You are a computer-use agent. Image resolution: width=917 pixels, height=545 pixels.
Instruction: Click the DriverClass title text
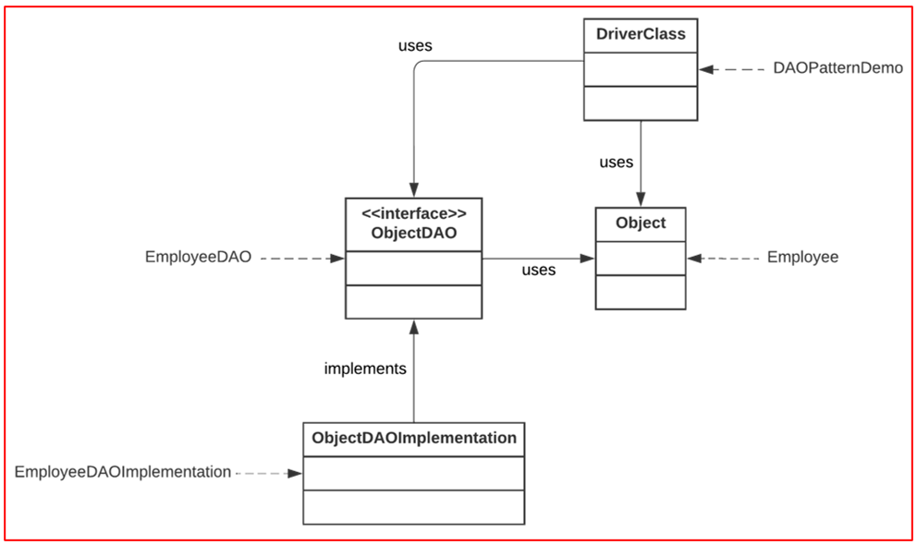(x=640, y=36)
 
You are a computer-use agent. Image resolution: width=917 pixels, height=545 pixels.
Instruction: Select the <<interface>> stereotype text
(x=413, y=213)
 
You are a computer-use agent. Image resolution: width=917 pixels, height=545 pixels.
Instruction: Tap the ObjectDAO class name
(x=413, y=234)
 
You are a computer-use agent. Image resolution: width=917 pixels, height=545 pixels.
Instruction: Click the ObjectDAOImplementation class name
(x=414, y=438)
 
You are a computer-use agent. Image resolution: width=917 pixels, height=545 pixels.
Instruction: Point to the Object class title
(x=640, y=223)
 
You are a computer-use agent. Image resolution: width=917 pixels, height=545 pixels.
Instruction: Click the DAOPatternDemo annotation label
(x=838, y=68)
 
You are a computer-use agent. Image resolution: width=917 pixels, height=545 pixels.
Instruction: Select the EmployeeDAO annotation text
(x=198, y=258)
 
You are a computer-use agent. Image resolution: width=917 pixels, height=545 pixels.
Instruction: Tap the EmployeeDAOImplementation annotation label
(x=123, y=472)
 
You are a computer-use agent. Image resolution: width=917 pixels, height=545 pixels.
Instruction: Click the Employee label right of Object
(x=802, y=258)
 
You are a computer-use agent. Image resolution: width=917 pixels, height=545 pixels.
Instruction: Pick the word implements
(x=365, y=369)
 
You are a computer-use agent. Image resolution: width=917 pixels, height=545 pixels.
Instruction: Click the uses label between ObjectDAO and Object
(x=539, y=270)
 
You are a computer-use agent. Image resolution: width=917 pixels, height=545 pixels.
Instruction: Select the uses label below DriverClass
(x=617, y=163)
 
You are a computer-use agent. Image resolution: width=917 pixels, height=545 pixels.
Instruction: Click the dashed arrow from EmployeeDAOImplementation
(x=269, y=473)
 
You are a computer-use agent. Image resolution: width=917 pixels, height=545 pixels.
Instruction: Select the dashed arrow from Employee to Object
(x=725, y=259)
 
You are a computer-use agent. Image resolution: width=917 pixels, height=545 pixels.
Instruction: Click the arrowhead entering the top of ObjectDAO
(x=413, y=190)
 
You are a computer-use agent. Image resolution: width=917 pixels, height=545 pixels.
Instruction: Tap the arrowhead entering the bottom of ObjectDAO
(x=413, y=326)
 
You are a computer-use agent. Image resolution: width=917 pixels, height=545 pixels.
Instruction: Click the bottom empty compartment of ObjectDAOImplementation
(x=414, y=506)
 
